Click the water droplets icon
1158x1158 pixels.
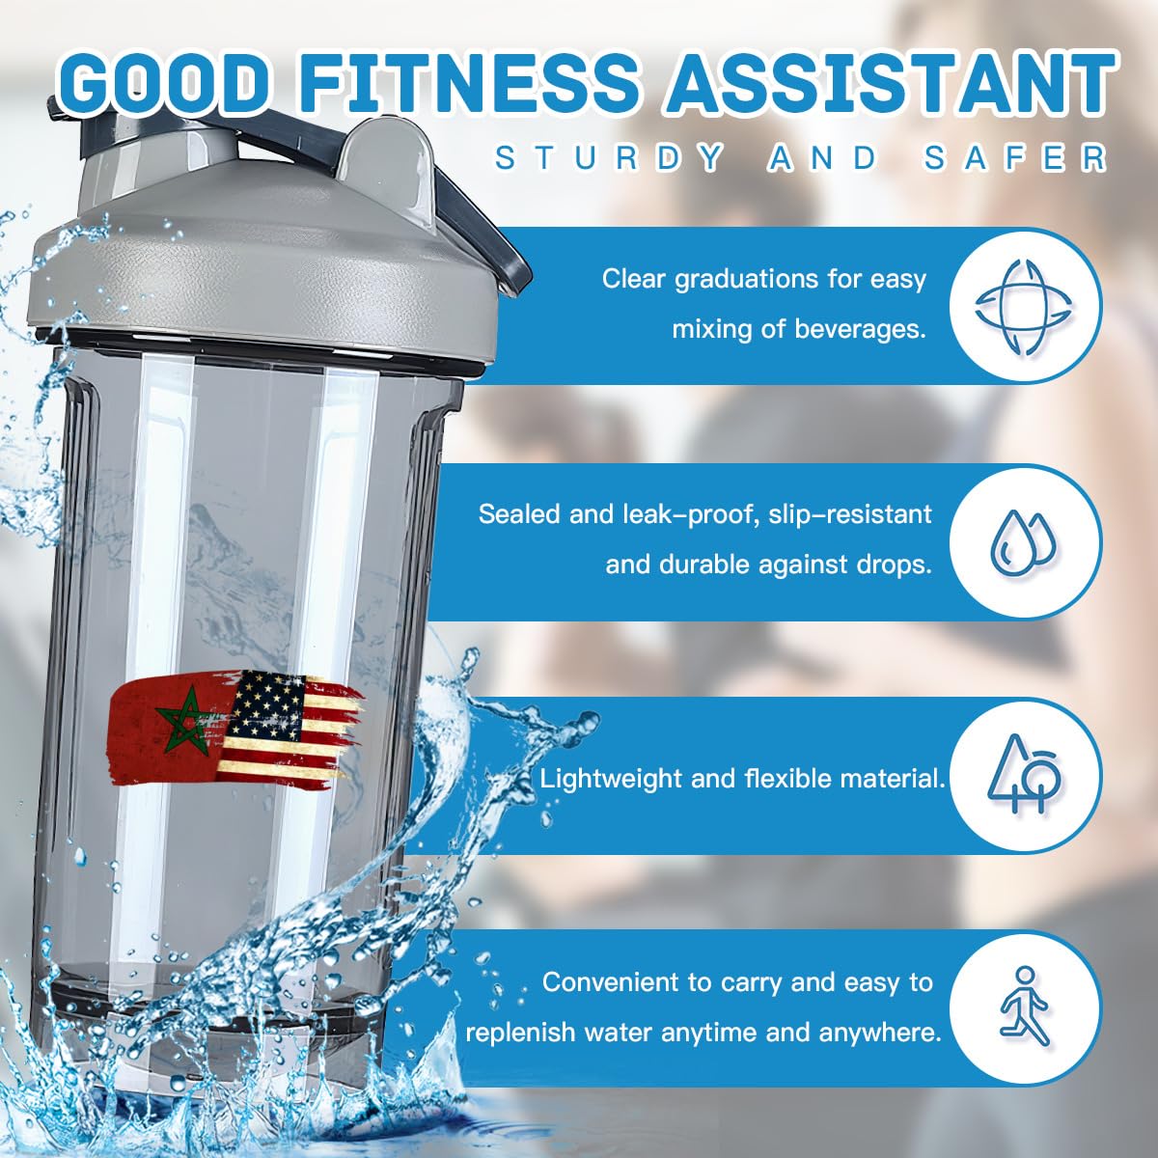coord(1024,539)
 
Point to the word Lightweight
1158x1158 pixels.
coord(612,778)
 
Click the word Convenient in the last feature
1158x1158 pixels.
coord(610,982)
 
